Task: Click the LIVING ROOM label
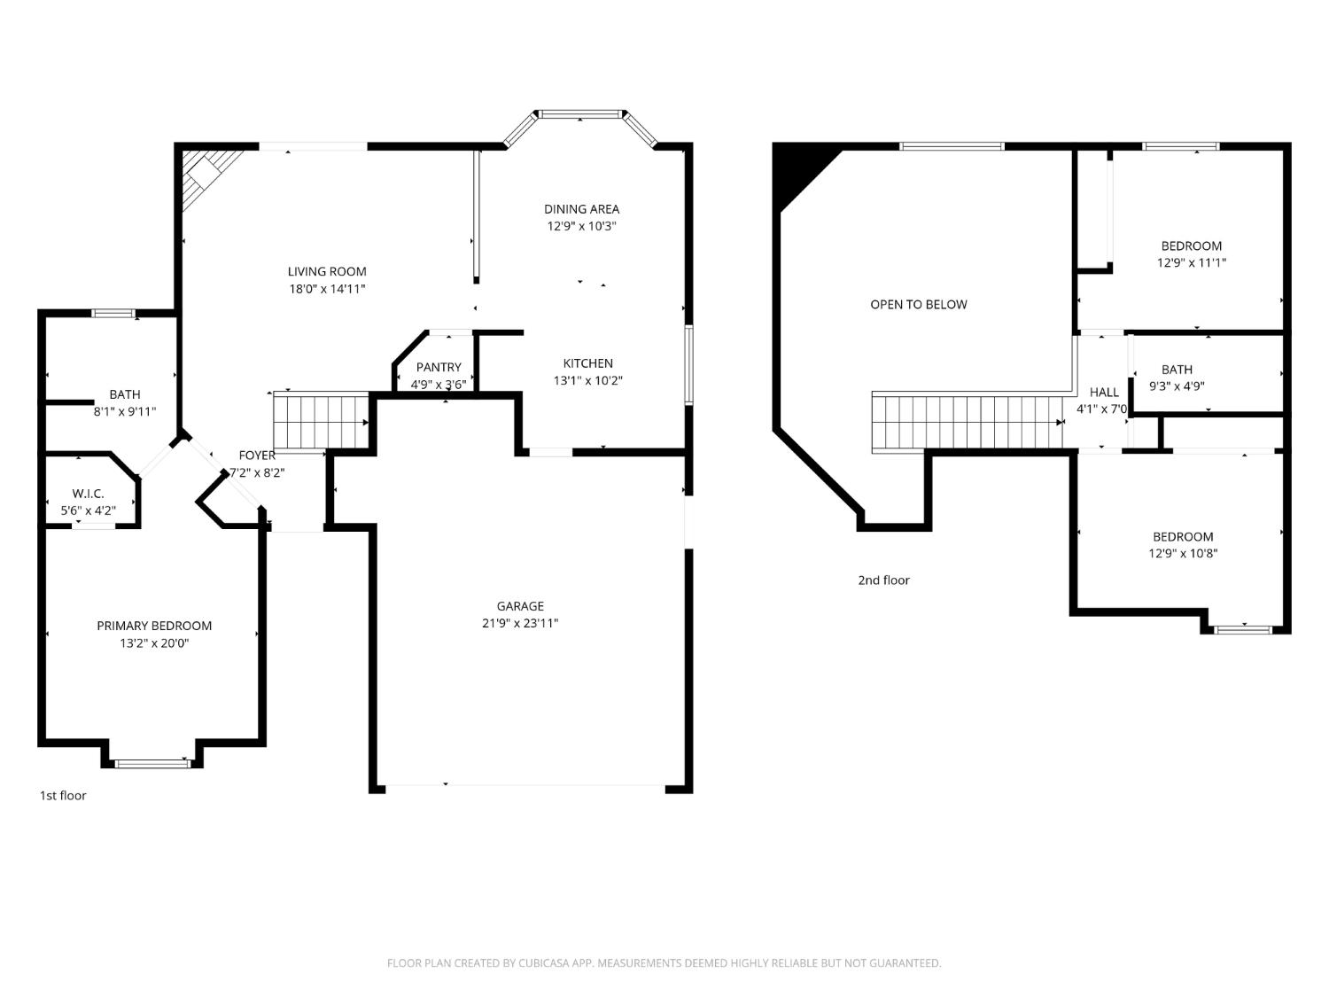[327, 272]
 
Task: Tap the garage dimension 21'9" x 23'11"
[520, 624]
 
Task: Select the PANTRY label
[439, 368]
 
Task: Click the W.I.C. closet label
[89, 494]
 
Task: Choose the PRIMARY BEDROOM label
[154, 626]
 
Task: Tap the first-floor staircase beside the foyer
[321, 420]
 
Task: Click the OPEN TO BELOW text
[919, 305]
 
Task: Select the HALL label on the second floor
[1104, 393]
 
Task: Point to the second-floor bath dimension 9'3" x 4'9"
[1177, 386]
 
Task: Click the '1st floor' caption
[63, 796]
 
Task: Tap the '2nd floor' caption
[884, 580]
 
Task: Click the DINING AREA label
[581, 209]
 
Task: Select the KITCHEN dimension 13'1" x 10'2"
[588, 381]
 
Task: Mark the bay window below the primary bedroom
[152, 763]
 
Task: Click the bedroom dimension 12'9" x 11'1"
[1192, 262]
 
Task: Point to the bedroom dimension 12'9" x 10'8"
[1183, 553]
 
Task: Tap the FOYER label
[257, 456]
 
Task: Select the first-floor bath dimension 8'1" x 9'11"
[125, 412]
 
